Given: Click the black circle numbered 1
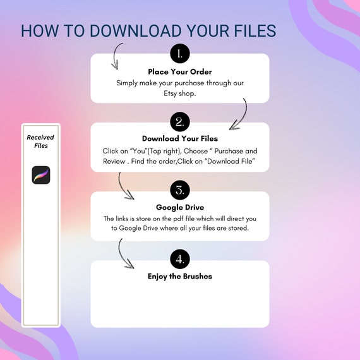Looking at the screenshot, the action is point(180,54).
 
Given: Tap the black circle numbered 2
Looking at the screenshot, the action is point(180,122).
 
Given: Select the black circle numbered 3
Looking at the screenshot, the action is point(180,190).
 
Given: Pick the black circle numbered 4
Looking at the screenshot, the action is point(180,259).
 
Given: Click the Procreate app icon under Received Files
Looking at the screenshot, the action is point(41,175).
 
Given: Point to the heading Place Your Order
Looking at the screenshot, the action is point(180,71).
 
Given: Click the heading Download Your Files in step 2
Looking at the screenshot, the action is point(180,138).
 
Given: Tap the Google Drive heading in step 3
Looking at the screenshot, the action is point(180,207).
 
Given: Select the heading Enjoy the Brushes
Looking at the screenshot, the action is point(180,276).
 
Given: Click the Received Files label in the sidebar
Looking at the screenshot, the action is point(40,141).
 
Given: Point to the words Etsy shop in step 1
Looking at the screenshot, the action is point(180,93).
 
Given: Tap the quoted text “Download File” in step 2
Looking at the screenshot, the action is point(231,161).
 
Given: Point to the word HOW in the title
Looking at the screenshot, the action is point(40,31).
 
